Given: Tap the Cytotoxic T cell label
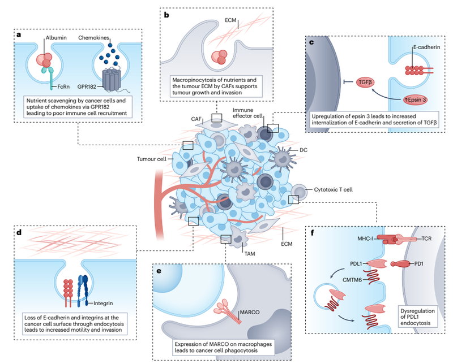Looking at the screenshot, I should (333, 189).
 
